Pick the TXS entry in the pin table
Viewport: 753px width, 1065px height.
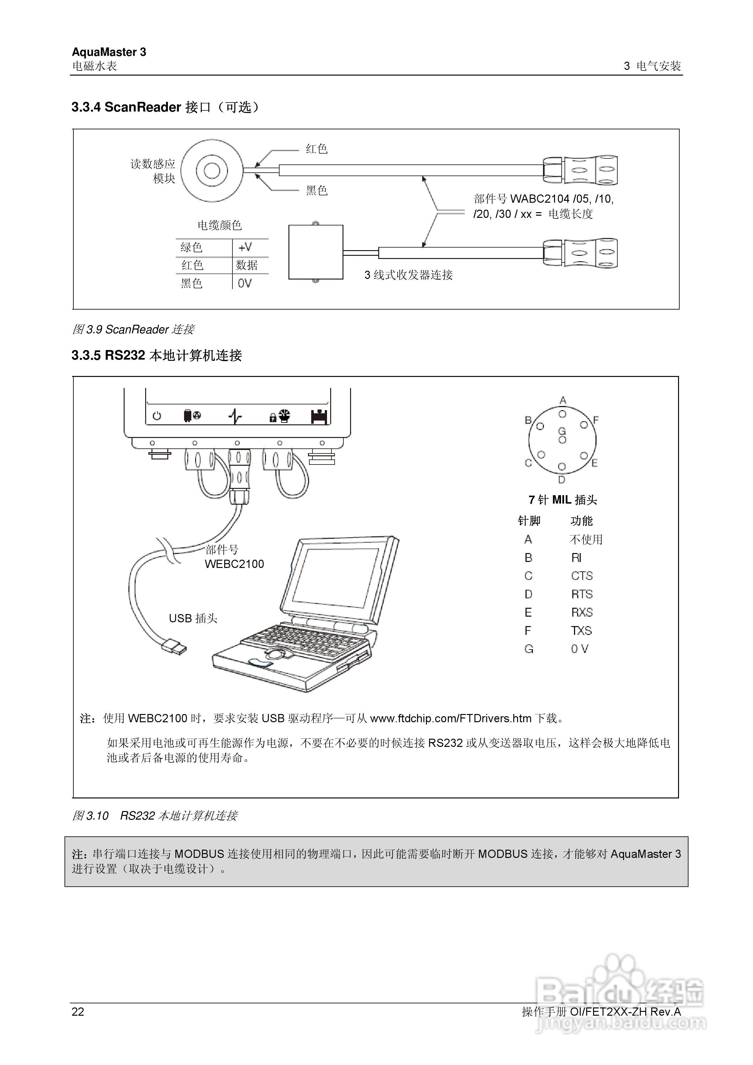click(x=581, y=631)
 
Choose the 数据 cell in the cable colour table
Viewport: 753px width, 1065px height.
click(x=246, y=265)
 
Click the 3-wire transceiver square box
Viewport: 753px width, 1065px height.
click(x=316, y=252)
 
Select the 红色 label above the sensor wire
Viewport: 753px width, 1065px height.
click(x=317, y=149)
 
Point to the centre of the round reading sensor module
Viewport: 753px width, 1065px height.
click(x=212, y=171)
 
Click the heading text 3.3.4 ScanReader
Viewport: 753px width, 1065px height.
click(x=126, y=107)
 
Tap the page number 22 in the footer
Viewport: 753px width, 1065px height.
click(x=78, y=1012)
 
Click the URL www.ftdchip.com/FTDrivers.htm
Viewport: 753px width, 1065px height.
click(x=450, y=718)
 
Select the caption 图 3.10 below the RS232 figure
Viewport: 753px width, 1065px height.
click(x=90, y=816)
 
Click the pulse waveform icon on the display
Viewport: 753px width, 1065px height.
click(x=235, y=416)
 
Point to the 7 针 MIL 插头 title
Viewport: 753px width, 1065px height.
click(x=562, y=500)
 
